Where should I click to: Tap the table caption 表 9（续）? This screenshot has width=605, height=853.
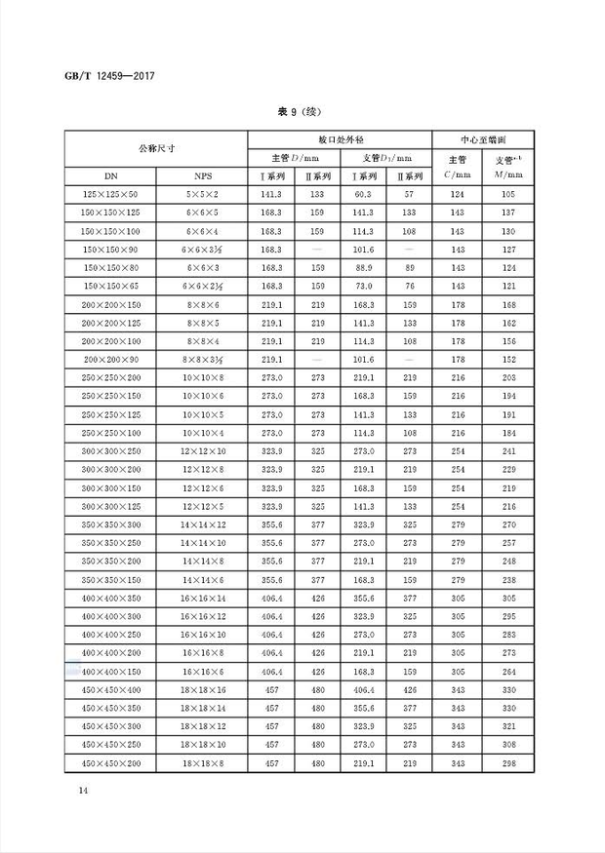pyautogui.click(x=302, y=112)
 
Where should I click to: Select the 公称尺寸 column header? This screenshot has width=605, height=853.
pyautogui.click(x=155, y=148)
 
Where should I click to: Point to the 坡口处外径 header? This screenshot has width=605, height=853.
pyautogui.click(x=339, y=139)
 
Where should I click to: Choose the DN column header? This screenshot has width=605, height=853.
pyautogui.click(x=110, y=176)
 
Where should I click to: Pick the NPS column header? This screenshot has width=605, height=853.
pyautogui.click(x=202, y=176)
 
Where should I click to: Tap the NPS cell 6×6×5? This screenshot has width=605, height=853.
pyautogui.click(x=202, y=212)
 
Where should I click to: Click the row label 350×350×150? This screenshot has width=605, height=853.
pyautogui.click(x=110, y=580)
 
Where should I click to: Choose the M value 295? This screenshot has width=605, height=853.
pyautogui.click(x=504, y=616)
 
